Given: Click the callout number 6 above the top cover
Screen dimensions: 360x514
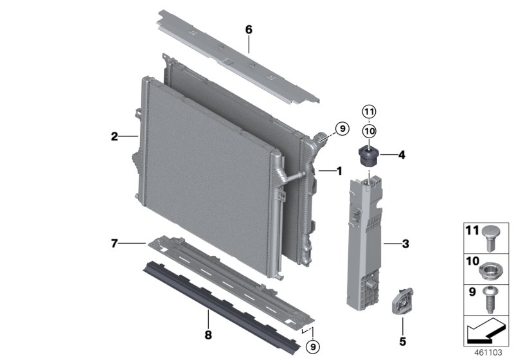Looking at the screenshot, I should click(249, 30).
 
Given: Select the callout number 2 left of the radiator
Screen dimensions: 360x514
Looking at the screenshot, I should click(114, 136).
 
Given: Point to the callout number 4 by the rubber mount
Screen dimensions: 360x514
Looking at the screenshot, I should click(402, 154).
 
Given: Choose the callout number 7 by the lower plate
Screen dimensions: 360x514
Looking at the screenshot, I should click(114, 243).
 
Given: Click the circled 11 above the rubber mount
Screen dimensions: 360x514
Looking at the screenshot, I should click(369, 112).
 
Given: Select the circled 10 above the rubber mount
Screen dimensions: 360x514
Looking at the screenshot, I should click(369, 130).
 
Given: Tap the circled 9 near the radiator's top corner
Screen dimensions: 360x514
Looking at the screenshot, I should click(341, 129).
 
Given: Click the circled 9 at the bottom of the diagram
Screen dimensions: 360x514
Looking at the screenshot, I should click(313, 346).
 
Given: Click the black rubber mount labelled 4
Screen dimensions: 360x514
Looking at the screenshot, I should click(369, 154).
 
